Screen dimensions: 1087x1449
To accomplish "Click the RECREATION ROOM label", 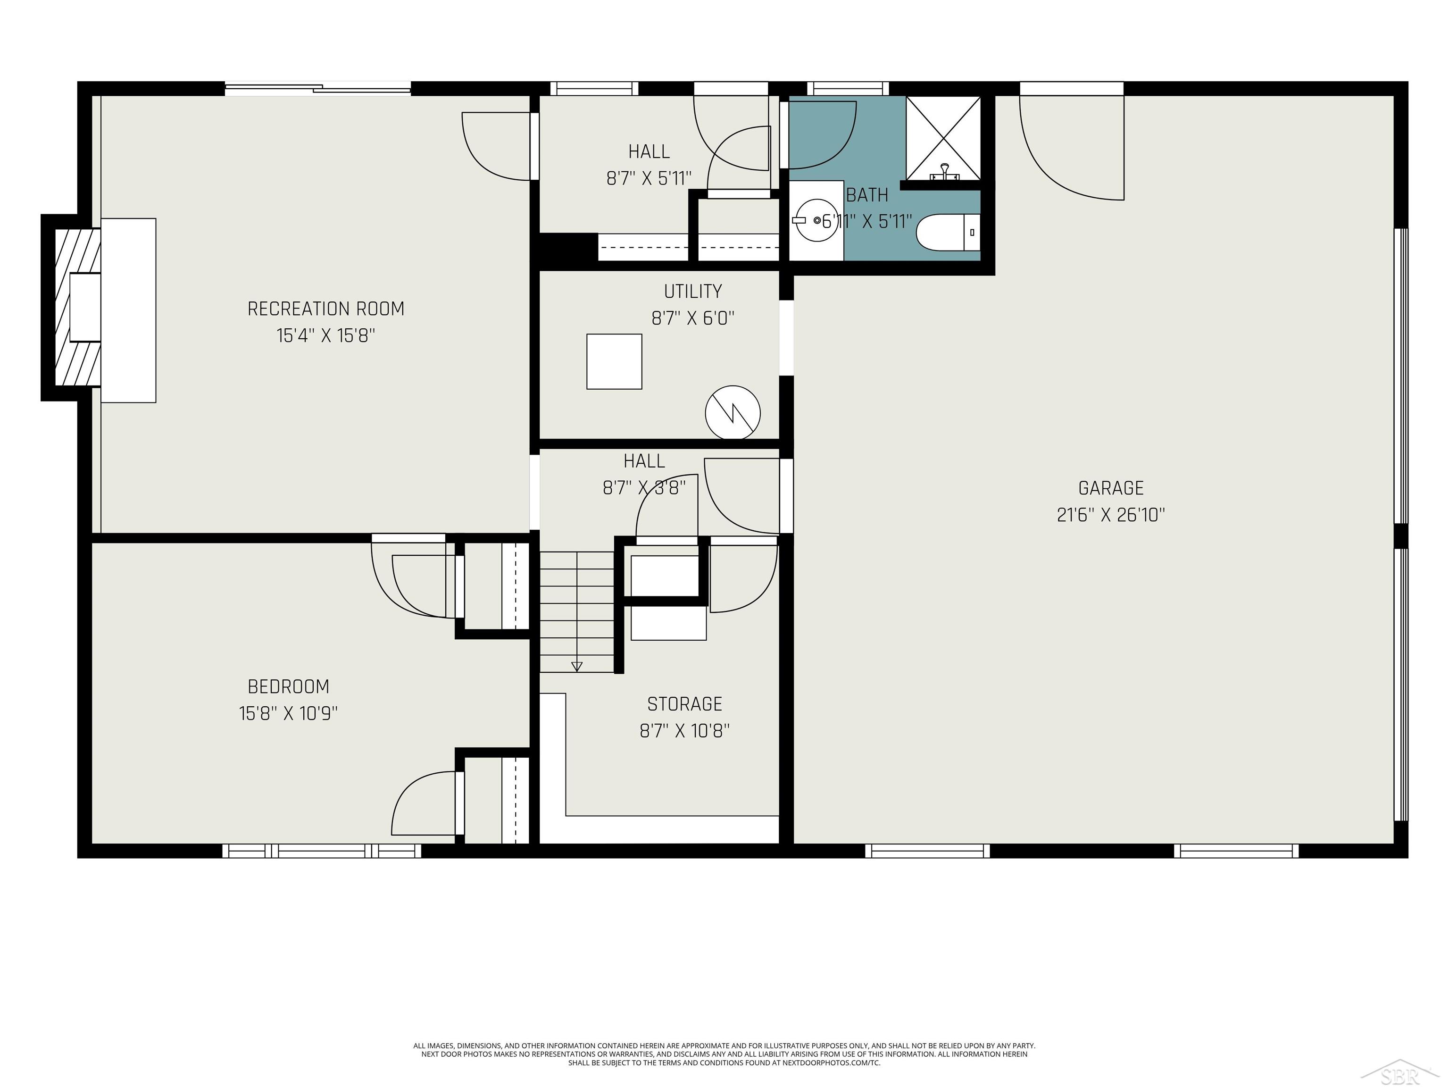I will tap(325, 309).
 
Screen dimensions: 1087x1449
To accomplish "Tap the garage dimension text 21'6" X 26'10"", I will tap(1111, 515).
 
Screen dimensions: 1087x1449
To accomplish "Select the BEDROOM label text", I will tap(288, 686).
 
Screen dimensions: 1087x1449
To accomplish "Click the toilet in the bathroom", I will tap(947, 233).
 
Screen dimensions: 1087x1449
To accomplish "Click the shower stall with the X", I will tap(943, 138).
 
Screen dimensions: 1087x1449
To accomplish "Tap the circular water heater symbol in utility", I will tap(733, 413).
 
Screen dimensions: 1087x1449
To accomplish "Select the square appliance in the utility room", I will tap(614, 362).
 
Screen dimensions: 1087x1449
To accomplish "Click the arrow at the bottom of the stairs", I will tap(576, 666).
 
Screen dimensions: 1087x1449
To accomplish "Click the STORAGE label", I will tap(684, 704).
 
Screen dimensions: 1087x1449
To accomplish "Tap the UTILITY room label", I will tap(692, 292).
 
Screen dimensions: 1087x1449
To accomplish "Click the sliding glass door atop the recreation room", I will tap(318, 88).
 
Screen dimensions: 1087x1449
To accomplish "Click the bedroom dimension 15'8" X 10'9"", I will tap(288, 713).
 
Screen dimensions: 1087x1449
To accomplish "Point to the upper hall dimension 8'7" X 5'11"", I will tap(649, 178).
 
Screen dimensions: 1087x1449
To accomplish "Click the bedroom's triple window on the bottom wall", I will tap(322, 851).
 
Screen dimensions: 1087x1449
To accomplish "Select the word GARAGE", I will tap(1111, 488).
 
